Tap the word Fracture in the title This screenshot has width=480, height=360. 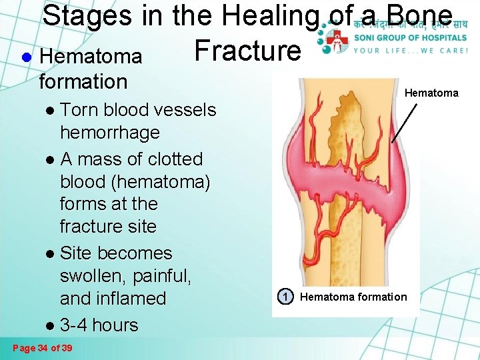247,50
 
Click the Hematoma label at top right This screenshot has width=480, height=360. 431,93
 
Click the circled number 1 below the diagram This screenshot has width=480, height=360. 285,296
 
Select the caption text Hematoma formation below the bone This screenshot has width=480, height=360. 353,297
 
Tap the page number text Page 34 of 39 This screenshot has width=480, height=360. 43,348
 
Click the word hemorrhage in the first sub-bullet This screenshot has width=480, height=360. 109,132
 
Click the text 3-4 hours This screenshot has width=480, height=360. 99,325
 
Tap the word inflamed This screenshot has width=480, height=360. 131,298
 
